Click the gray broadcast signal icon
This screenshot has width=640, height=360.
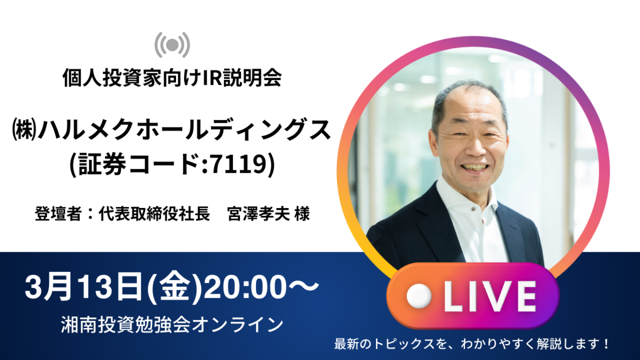[172, 45]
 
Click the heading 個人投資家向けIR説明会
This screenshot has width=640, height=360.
[172, 77]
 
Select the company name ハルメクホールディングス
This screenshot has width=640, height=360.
[185, 130]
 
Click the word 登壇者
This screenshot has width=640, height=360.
[58, 213]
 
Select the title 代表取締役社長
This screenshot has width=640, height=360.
[154, 213]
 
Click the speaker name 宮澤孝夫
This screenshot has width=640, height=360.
[259, 213]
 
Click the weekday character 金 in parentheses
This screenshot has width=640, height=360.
[175, 286]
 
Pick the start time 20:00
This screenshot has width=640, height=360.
[245, 286]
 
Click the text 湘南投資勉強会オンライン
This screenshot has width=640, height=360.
[172, 325]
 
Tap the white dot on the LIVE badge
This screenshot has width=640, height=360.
[419, 297]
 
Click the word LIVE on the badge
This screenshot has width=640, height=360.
[490, 297]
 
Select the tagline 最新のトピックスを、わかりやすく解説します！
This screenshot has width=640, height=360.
[471, 344]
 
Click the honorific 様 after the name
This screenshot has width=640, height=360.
[302, 213]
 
